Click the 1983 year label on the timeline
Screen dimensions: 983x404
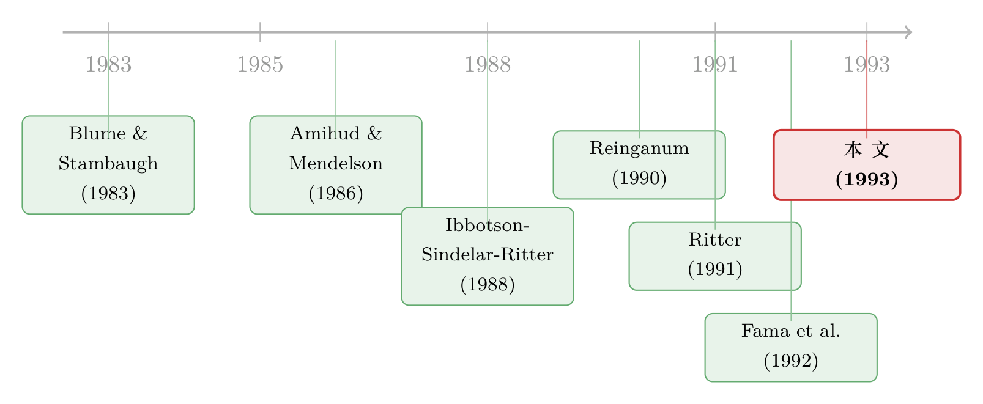coord(108,65)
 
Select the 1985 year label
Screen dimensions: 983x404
coord(260,65)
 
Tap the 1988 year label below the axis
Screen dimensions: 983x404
coord(488,65)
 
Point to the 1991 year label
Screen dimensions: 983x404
coord(715,65)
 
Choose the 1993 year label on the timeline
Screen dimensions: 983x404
coord(867,65)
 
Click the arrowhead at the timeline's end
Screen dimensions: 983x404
coord(909,32)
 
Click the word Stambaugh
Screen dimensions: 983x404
coord(108,164)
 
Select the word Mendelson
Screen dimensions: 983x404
coord(336,164)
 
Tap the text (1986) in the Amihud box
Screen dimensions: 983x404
coord(336,194)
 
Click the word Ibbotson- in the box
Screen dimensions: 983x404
coord(488,225)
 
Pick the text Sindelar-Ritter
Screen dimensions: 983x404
coord(488,254)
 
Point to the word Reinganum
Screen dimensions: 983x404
coord(639,149)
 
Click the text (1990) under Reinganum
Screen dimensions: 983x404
coord(639,178)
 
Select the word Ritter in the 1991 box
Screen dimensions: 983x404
coord(715,240)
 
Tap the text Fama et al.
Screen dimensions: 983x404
coord(791,331)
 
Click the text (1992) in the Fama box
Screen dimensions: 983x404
coord(791,361)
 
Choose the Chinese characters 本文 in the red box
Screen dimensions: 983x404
coord(867,150)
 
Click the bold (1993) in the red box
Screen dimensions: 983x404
coord(867,180)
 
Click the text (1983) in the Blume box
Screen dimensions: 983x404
coord(108,194)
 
